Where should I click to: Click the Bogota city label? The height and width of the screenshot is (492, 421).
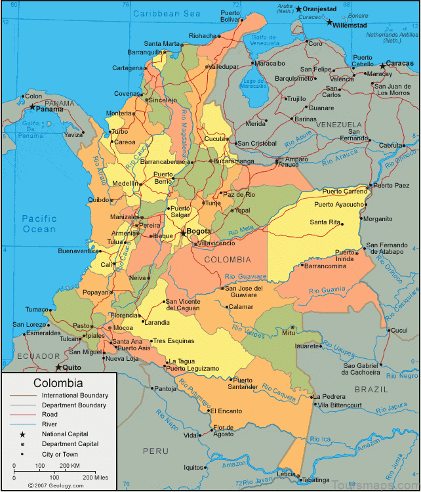pyautogui.click(x=199, y=231)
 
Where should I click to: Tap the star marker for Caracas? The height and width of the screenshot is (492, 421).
pyautogui.click(x=383, y=66)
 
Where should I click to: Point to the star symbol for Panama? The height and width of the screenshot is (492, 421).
pyautogui.click(x=31, y=107)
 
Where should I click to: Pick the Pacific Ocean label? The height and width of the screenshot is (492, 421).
pyautogui.click(x=39, y=224)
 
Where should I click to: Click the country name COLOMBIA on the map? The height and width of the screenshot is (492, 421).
pyautogui.click(x=227, y=260)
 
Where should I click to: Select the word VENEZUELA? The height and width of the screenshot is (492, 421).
pyautogui.click(x=338, y=125)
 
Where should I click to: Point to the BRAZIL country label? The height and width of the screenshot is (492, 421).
pyautogui.click(x=371, y=389)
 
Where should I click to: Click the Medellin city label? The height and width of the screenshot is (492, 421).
pyautogui.click(x=125, y=184)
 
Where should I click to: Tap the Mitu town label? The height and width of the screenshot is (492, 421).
pyautogui.click(x=289, y=333)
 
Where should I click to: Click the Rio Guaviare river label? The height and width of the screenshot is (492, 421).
pyautogui.click(x=245, y=277)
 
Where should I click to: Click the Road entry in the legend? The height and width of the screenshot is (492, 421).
pyautogui.click(x=50, y=415)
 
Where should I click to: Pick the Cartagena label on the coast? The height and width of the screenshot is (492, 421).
pyautogui.click(x=127, y=68)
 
